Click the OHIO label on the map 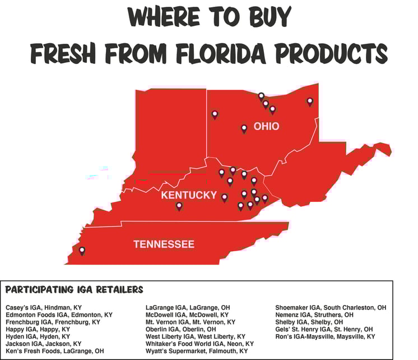pyautogui.click(x=266, y=127)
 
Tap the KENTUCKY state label pyautogui.click(x=188, y=195)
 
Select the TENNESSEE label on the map pyautogui.click(x=164, y=244)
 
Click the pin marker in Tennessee pyautogui.click(x=82, y=251)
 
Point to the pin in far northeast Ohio pyautogui.click(x=309, y=101)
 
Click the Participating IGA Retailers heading pyautogui.click(x=74, y=290)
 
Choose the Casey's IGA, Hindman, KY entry pyautogui.click(x=44, y=308)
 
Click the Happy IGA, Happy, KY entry pyautogui.click(x=38, y=329)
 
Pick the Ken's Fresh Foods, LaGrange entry pyautogui.click(x=54, y=351)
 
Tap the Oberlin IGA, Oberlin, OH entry pyautogui.click(x=180, y=329)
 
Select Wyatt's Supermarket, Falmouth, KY pyautogui.click(x=196, y=351)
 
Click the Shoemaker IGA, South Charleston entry pyautogui.click(x=330, y=308)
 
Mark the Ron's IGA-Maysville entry pyautogui.click(x=325, y=336)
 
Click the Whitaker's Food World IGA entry pyautogui.click(x=199, y=344)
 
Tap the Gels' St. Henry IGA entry pyautogui.click(x=323, y=329)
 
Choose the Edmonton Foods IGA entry pyautogui.click(x=59, y=315)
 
